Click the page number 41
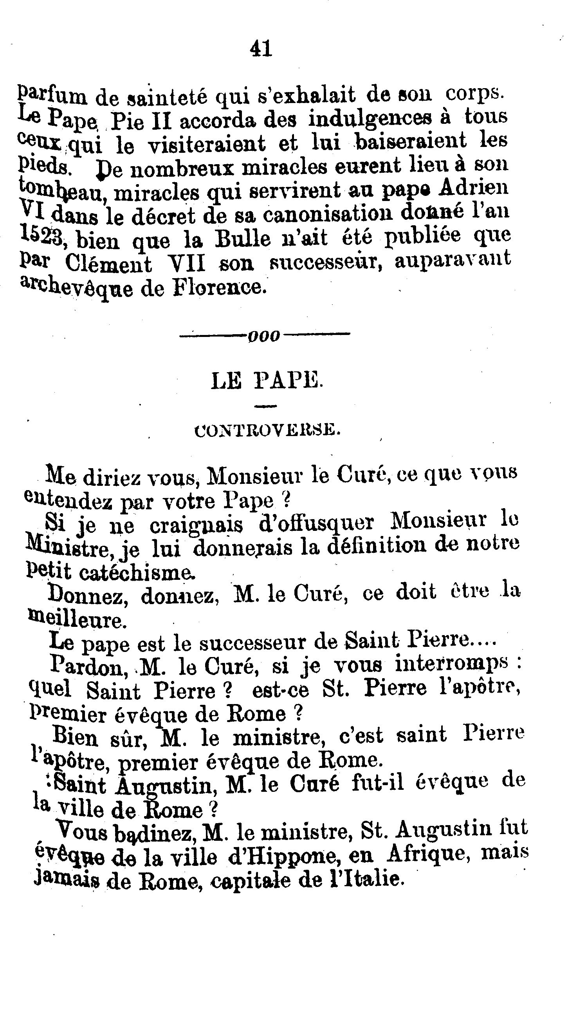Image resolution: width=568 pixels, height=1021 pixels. click(261, 49)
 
